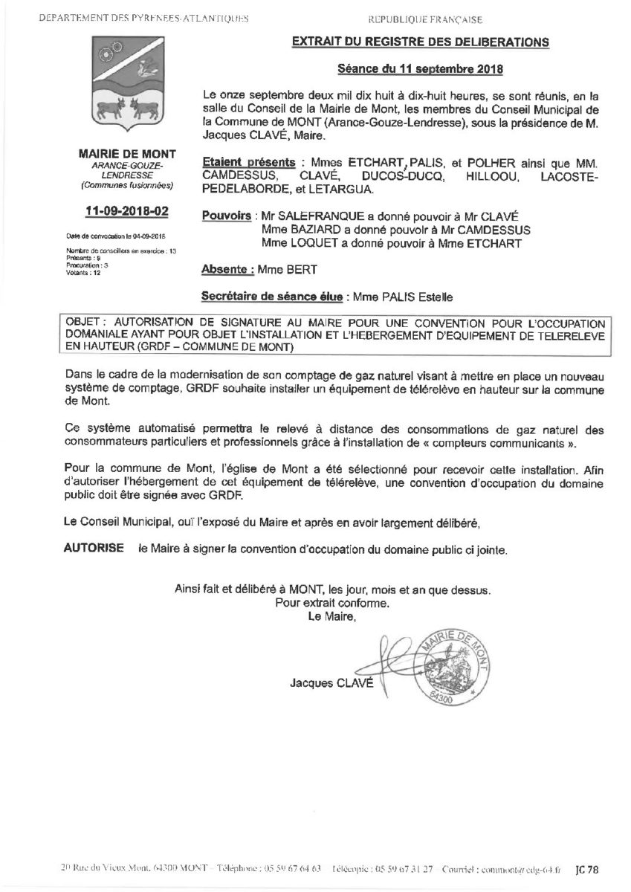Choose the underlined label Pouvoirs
(225, 216)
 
